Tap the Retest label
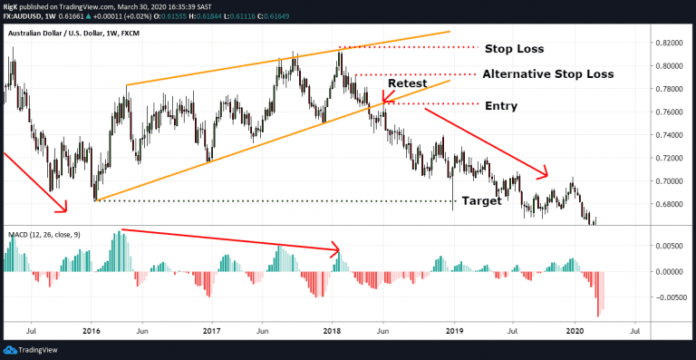pos(407,83)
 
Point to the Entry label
pos(501,106)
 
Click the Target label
pos(481,201)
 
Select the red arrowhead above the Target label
pos(545,173)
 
